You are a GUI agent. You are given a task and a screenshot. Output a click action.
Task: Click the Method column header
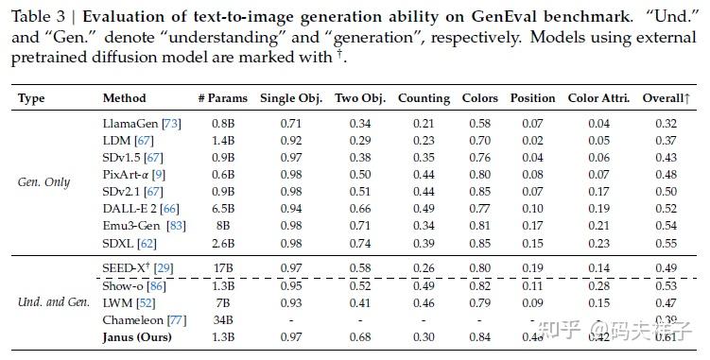click(x=124, y=98)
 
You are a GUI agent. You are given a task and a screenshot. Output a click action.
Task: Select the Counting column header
click(x=424, y=98)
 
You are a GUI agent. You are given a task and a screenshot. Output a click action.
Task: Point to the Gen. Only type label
click(x=43, y=182)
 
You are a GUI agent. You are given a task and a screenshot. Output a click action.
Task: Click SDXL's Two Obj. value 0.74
click(x=360, y=242)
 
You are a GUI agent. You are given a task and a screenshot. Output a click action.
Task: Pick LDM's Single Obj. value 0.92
click(x=290, y=140)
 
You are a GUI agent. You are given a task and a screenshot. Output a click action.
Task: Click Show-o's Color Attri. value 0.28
click(x=598, y=286)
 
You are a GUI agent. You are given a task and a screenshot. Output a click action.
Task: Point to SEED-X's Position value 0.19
click(x=532, y=269)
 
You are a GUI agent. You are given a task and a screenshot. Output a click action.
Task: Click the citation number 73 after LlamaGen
click(x=172, y=123)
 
